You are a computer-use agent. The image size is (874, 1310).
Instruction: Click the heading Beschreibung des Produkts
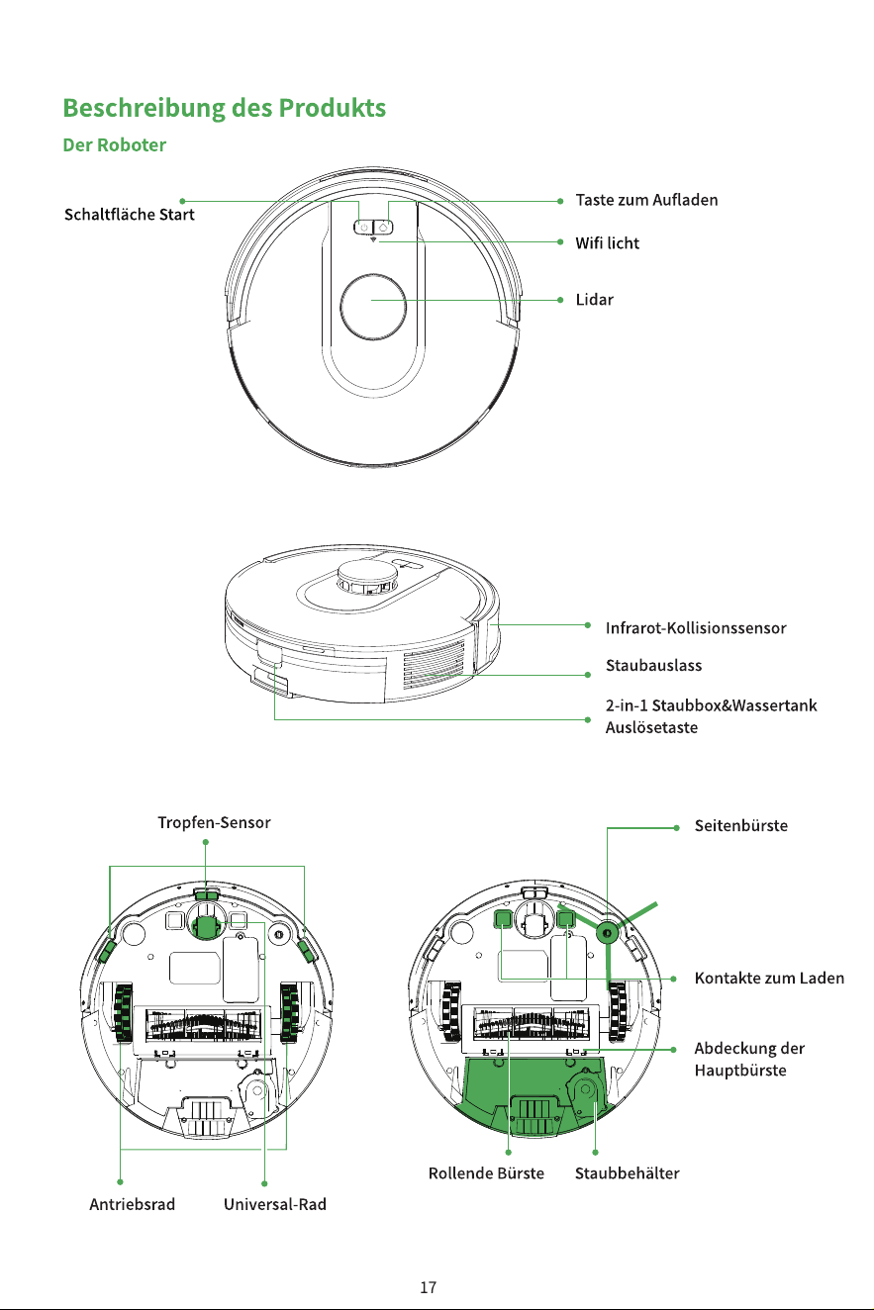[224, 108]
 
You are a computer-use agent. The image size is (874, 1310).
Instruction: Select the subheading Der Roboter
[114, 145]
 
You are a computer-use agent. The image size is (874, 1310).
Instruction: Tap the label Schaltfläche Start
[130, 215]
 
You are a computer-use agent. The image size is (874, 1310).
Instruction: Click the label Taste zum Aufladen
[646, 200]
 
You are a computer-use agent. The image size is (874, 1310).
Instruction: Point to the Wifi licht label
[607, 243]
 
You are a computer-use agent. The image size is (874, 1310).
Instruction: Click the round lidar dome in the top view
[373, 307]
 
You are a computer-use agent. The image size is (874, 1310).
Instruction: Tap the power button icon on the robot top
[363, 227]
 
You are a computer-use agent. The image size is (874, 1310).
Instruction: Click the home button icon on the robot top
[383, 227]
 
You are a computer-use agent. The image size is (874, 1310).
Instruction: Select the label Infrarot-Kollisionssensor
[696, 628]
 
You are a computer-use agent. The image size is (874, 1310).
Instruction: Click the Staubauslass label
[653, 666]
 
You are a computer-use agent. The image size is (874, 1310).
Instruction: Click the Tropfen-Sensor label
[214, 823]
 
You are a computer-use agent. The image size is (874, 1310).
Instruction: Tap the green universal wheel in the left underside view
[206, 926]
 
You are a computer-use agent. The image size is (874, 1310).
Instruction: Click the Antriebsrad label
[133, 1204]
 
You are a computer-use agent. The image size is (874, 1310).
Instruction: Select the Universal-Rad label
[275, 1204]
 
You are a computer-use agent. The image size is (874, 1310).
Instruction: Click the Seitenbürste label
[740, 826]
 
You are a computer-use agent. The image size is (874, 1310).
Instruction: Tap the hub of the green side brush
[607, 933]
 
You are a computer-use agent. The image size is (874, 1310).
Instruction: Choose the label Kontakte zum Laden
[769, 979]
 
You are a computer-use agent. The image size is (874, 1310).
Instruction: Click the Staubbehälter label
[628, 1173]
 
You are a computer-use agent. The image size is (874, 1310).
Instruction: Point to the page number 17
[429, 1287]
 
